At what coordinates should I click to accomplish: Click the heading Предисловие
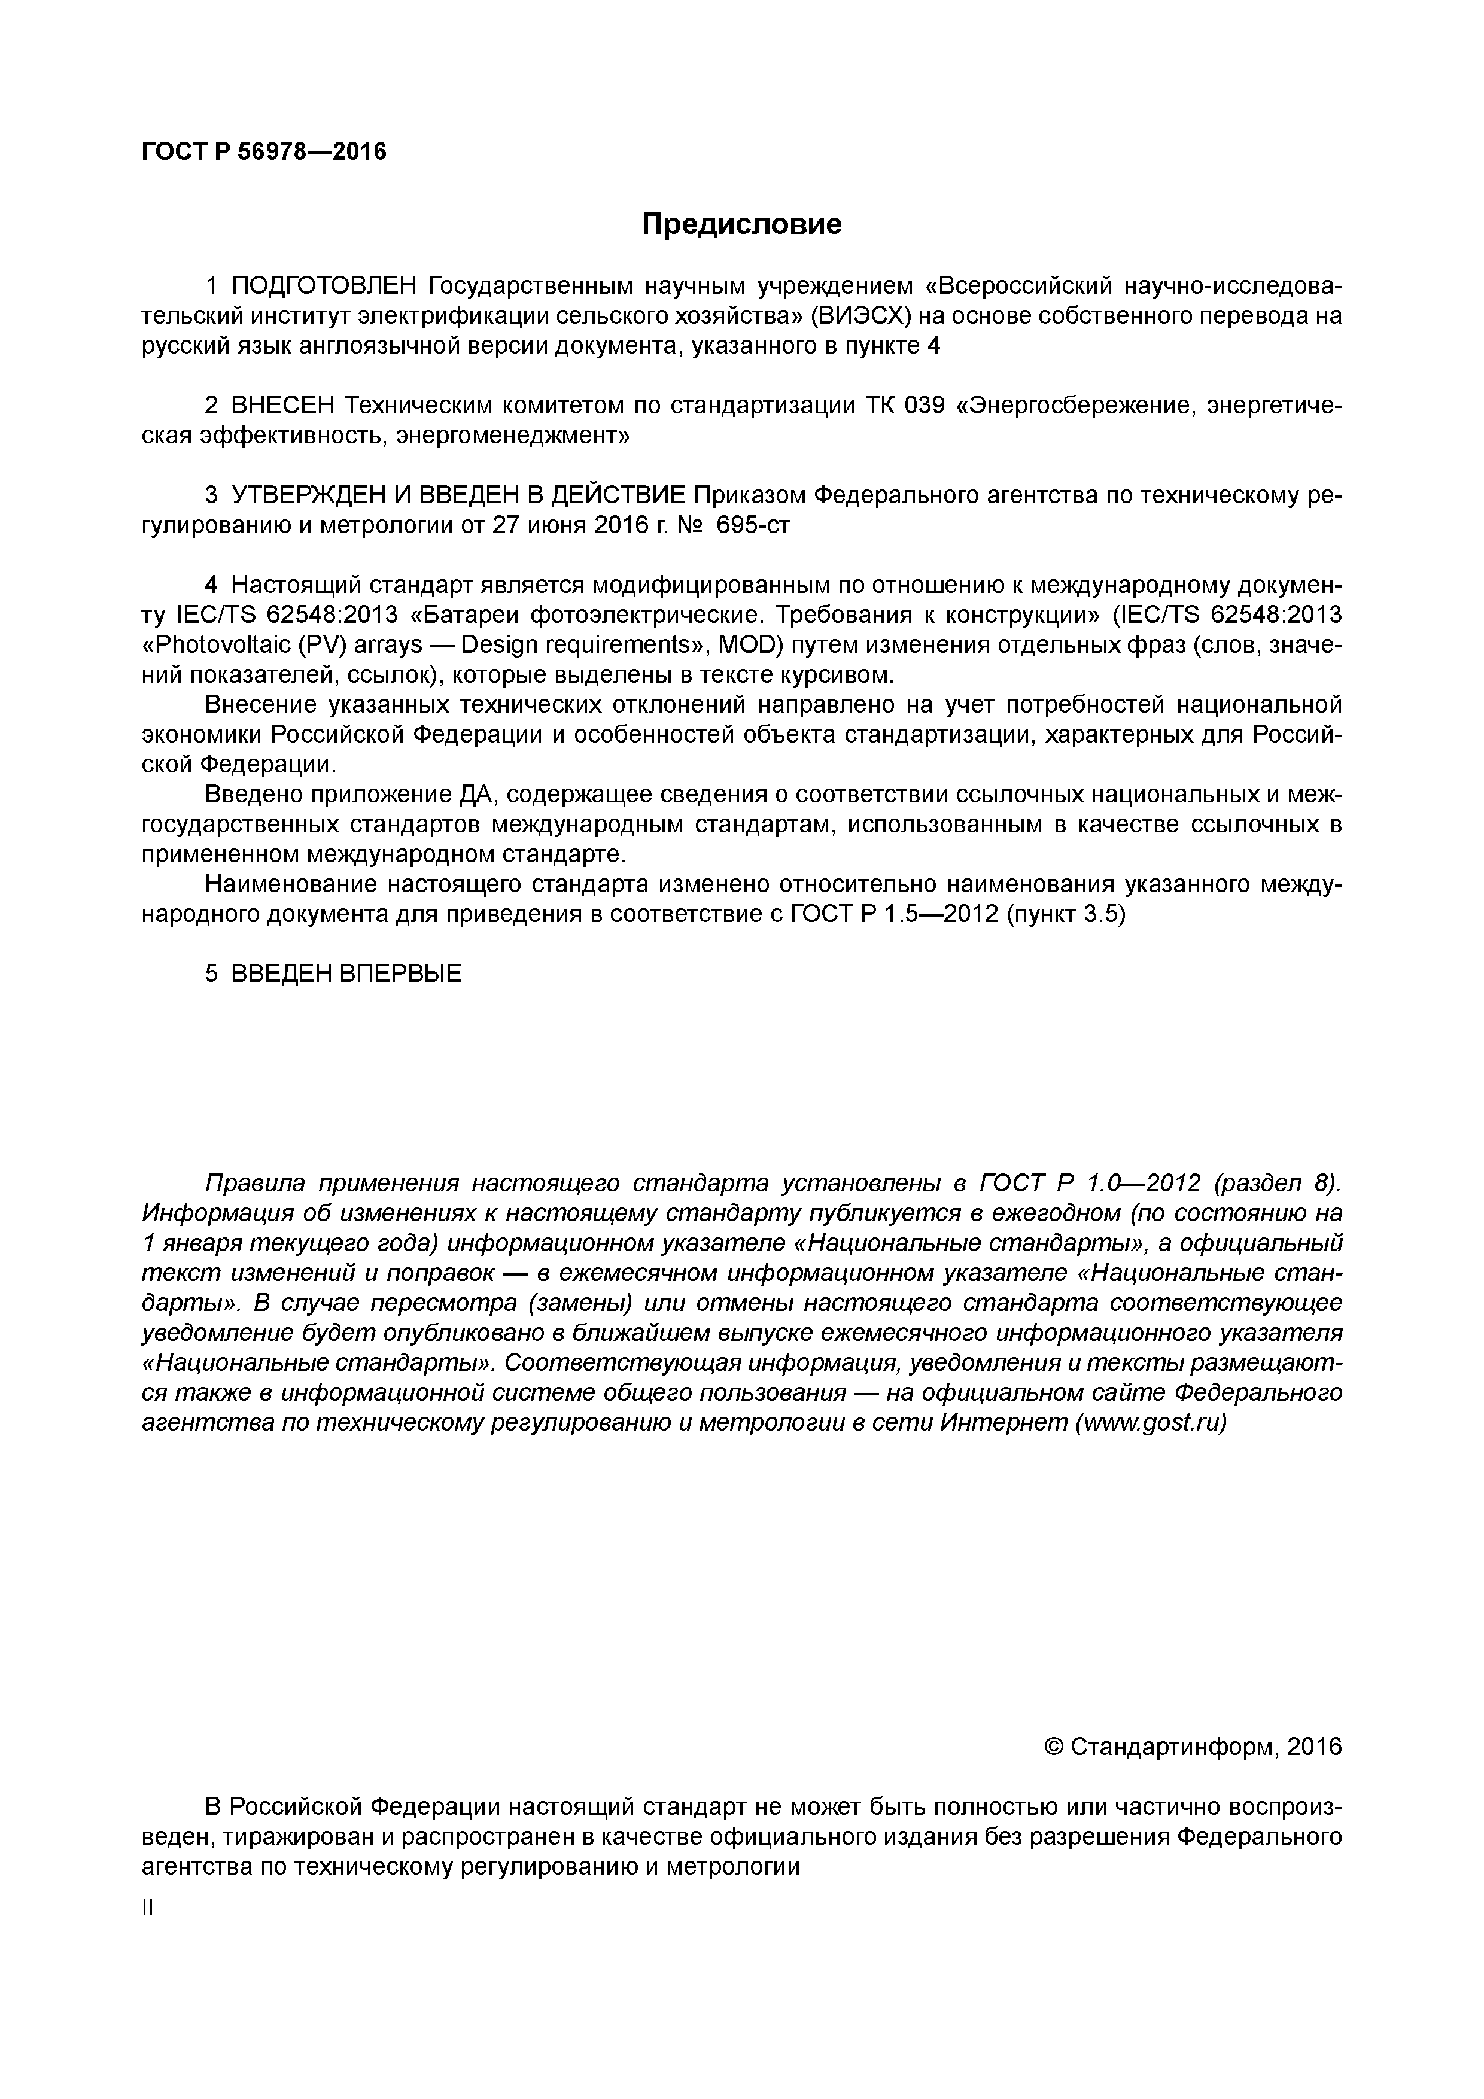tap(741, 224)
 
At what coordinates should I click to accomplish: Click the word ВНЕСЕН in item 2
tap(284, 406)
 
